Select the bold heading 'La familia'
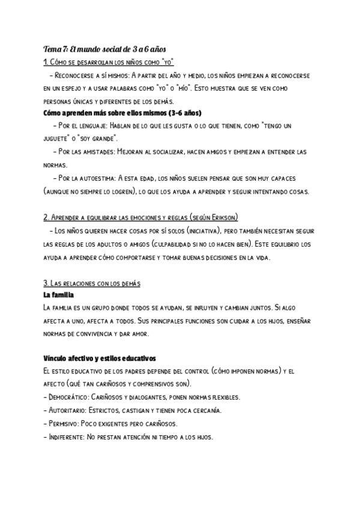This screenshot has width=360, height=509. pos(59,295)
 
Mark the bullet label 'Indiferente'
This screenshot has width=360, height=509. pos(66,436)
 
